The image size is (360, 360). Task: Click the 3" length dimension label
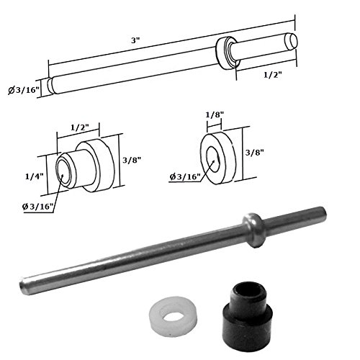coord(135,40)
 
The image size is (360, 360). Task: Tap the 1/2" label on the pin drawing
coord(272,75)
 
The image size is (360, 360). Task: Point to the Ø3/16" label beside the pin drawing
coord(23,90)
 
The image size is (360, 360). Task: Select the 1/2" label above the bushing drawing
coord(80,127)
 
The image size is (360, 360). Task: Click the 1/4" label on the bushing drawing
coord(35,176)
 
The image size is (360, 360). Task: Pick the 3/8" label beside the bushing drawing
coord(132,160)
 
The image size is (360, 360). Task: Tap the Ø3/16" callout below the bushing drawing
coord(37,207)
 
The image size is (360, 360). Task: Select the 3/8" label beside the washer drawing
coord(255,153)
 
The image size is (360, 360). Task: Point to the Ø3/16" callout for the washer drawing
coord(185,177)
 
